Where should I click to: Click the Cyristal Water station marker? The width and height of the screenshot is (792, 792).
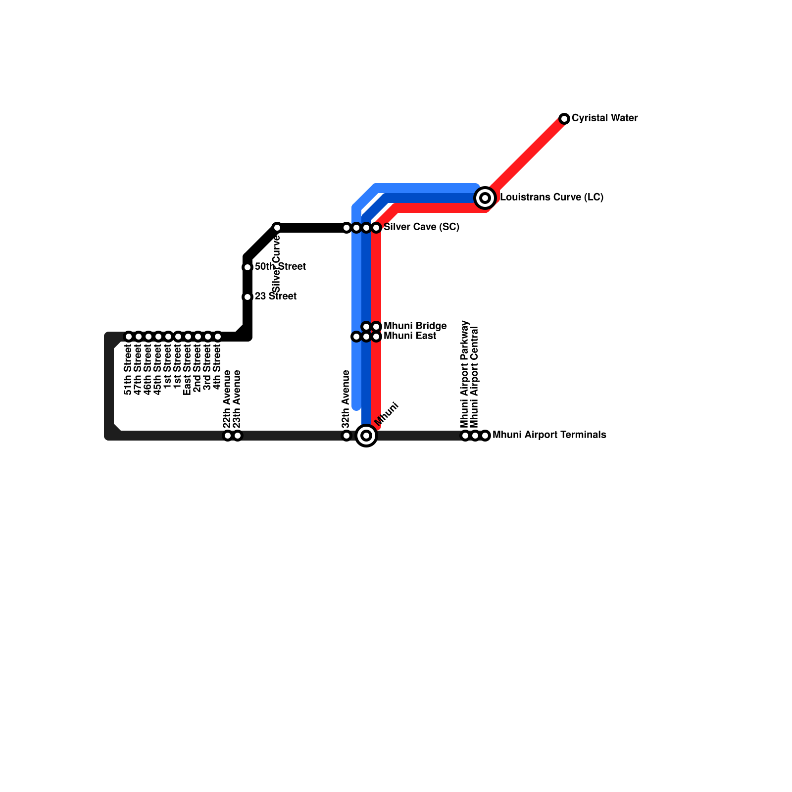point(564,119)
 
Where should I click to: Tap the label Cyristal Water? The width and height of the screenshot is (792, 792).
point(604,118)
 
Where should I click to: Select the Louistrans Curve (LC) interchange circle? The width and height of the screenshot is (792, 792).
point(485,198)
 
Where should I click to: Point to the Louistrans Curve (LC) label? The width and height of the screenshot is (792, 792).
point(551,198)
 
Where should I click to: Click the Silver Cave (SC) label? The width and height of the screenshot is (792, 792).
point(421,227)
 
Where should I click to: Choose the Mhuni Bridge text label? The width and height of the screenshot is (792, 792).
point(415,326)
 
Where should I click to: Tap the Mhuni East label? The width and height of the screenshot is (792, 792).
point(410,336)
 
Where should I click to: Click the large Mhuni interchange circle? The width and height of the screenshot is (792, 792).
point(366,436)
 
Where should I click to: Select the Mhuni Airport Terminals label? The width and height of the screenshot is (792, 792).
point(549,435)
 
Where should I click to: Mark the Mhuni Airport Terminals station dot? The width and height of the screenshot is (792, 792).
point(485,436)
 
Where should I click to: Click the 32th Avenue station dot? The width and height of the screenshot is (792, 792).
point(346,436)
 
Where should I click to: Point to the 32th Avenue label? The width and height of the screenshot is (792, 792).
point(346,399)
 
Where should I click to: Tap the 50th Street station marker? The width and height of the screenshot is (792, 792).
point(247,267)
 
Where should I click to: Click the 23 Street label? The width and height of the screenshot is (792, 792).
point(275,297)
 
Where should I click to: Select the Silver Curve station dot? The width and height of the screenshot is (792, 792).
point(277,228)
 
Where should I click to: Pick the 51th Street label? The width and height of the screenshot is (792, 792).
point(128,371)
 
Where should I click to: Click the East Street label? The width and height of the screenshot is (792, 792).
point(187,371)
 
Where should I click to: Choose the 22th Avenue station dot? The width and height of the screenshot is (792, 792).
point(228,436)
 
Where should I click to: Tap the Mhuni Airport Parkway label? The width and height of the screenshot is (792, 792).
point(464,374)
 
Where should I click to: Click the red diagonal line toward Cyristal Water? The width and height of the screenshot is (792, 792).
point(527,156)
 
